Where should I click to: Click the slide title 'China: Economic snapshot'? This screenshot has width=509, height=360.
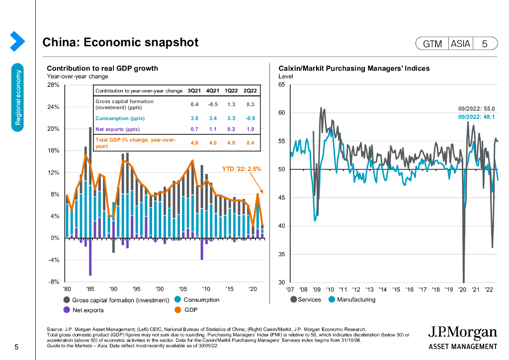(x=120, y=43)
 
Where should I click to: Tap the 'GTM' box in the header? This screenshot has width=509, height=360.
(x=432, y=44)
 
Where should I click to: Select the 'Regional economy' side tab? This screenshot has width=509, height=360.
(x=18, y=97)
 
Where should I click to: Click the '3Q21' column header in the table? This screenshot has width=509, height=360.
(x=194, y=91)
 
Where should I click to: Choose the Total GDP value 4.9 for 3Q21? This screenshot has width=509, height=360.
(x=194, y=143)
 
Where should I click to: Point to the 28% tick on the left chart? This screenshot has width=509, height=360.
(x=53, y=85)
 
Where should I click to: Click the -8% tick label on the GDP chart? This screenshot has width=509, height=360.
(x=53, y=282)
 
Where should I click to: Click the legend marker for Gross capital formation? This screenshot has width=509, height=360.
(x=67, y=300)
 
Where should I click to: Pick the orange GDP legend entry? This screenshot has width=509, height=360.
(x=187, y=310)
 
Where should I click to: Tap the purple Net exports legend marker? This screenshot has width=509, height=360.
(x=67, y=310)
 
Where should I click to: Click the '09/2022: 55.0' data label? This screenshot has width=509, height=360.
(x=476, y=108)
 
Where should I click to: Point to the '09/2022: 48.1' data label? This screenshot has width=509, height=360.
(x=476, y=117)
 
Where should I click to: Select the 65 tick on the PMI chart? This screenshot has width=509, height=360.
(x=281, y=85)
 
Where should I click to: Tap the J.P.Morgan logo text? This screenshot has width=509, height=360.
(x=462, y=332)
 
